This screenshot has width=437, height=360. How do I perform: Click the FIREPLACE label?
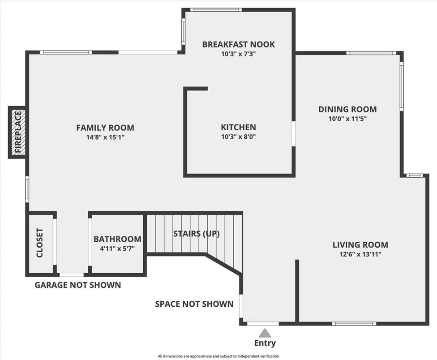(x=18, y=132)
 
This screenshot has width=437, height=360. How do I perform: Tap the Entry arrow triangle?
(x=265, y=333)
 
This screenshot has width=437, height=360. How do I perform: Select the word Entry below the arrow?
(x=265, y=343)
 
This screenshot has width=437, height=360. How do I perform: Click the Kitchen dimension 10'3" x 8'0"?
(x=238, y=137)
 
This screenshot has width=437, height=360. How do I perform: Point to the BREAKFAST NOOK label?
(x=239, y=44)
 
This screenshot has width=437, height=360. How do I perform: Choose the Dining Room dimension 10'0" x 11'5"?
(x=347, y=119)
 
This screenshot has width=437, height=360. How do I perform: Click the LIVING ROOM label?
(x=360, y=244)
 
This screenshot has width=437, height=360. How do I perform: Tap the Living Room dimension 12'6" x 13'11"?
(x=360, y=254)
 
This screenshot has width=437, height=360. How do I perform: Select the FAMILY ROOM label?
(x=105, y=128)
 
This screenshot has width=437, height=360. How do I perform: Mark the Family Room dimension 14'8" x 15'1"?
(x=105, y=137)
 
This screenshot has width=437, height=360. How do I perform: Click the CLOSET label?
(x=39, y=243)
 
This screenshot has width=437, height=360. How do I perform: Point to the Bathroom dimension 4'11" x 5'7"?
(x=117, y=248)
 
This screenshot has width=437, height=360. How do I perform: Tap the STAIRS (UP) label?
(x=197, y=233)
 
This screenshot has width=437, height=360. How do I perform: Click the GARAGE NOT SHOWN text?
(x=78, y=285)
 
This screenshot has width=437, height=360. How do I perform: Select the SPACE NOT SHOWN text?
(x=194, y=304)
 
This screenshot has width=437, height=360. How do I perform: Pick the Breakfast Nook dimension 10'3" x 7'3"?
(x=239, y=54)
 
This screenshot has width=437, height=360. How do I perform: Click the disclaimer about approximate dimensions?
(x=218, y=356)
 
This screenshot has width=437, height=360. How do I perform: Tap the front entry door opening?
(x=263, y=323)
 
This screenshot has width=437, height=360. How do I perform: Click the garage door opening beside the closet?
(x=72, y=275)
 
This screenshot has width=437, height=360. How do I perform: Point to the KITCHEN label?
(x=238, y=127)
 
